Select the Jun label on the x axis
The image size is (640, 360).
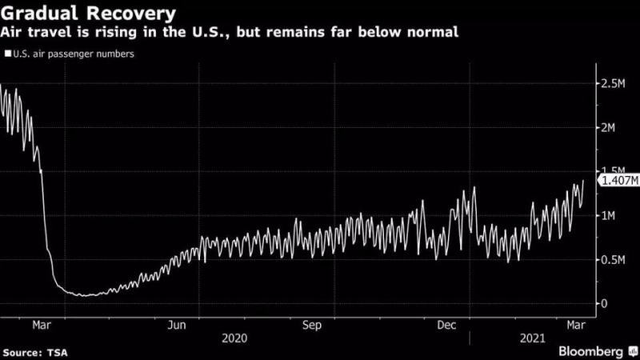click(x=179, y=325)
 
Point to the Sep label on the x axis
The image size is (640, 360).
click(x=313, y=325)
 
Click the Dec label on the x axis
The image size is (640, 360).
click(x=446, y=325)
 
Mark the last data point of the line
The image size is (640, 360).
click(x=583, y=180)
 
